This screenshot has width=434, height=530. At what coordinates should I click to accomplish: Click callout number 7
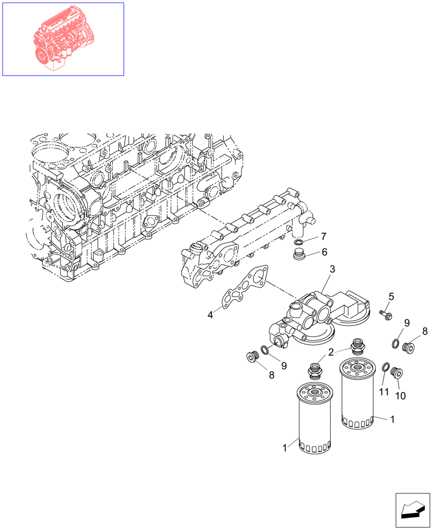pos(323,236)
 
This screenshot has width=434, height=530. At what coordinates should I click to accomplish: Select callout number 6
pos(324,252)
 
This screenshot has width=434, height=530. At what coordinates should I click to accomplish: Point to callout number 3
pos(332,270)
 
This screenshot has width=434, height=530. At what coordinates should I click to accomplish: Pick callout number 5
pos(392,296)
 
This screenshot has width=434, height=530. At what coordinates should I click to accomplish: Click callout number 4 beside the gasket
pos(210,315)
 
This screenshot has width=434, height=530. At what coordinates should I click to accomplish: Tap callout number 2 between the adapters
pos(330,352)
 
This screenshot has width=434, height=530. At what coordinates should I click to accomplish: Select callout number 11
pos(384,392)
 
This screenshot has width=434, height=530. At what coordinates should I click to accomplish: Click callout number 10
pos(401,395)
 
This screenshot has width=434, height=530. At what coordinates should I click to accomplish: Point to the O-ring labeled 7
pos(299,243)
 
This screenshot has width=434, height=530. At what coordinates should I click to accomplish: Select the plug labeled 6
pos(300,256)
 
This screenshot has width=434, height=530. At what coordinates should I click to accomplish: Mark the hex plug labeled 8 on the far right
pos(409,348)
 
